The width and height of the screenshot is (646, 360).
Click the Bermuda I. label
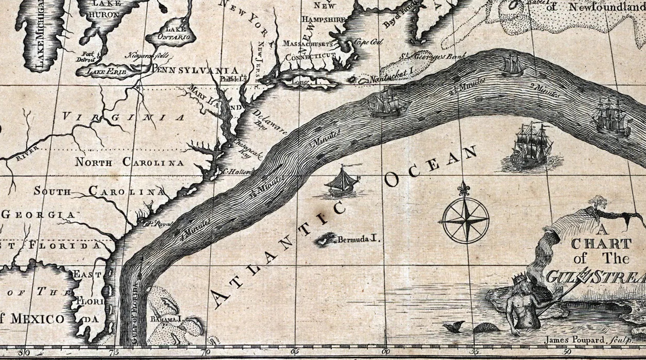coord(358,239)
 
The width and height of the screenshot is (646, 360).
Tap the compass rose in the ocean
coord(466,220)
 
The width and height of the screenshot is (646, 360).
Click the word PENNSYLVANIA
coord(194,71)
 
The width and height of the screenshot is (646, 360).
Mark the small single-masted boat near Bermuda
coord(341,182)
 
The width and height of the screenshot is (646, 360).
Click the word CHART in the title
coord(601,244)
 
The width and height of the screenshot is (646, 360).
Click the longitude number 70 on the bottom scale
coord(206,352)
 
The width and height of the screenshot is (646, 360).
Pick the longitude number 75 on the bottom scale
coord(114,352)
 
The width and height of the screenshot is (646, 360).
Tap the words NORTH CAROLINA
coord(129,163)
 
